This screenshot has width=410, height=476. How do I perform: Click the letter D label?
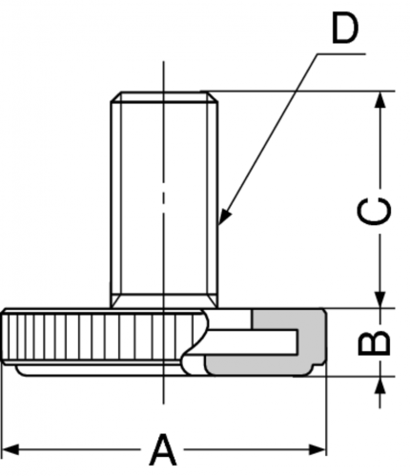click(x=345, y=30)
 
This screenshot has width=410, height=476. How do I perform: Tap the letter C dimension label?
click(x=374, y=211)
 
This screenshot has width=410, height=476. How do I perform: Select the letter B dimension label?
click(x=374, y=343)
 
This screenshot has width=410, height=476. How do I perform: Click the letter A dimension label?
click(x=162, y=449)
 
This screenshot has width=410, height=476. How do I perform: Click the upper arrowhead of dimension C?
click(x=380, y=100)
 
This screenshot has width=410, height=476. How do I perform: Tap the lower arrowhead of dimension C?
click(x=380, y=300)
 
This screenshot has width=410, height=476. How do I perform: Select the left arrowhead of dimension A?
click(x=10, y=450)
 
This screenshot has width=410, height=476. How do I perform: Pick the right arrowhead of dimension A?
click(x=318, y=450)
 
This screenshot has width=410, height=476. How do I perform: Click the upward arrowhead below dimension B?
click(x=380, y=385)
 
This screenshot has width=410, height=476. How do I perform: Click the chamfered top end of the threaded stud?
click(x=164, y=96)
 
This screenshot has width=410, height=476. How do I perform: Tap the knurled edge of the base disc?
click(x=102, y=337)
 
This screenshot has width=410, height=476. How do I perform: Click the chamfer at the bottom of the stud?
click(x=164, y=300)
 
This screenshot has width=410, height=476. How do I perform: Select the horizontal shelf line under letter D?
click(x=341, y=54)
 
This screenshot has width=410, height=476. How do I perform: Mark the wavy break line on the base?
click(x=196, y=341)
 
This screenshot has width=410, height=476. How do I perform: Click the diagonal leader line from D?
click(x=270, y=136)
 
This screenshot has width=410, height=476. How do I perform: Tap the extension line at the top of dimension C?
click(x=298, y=92)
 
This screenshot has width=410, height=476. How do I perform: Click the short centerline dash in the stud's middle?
click(x=164, y=197)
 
